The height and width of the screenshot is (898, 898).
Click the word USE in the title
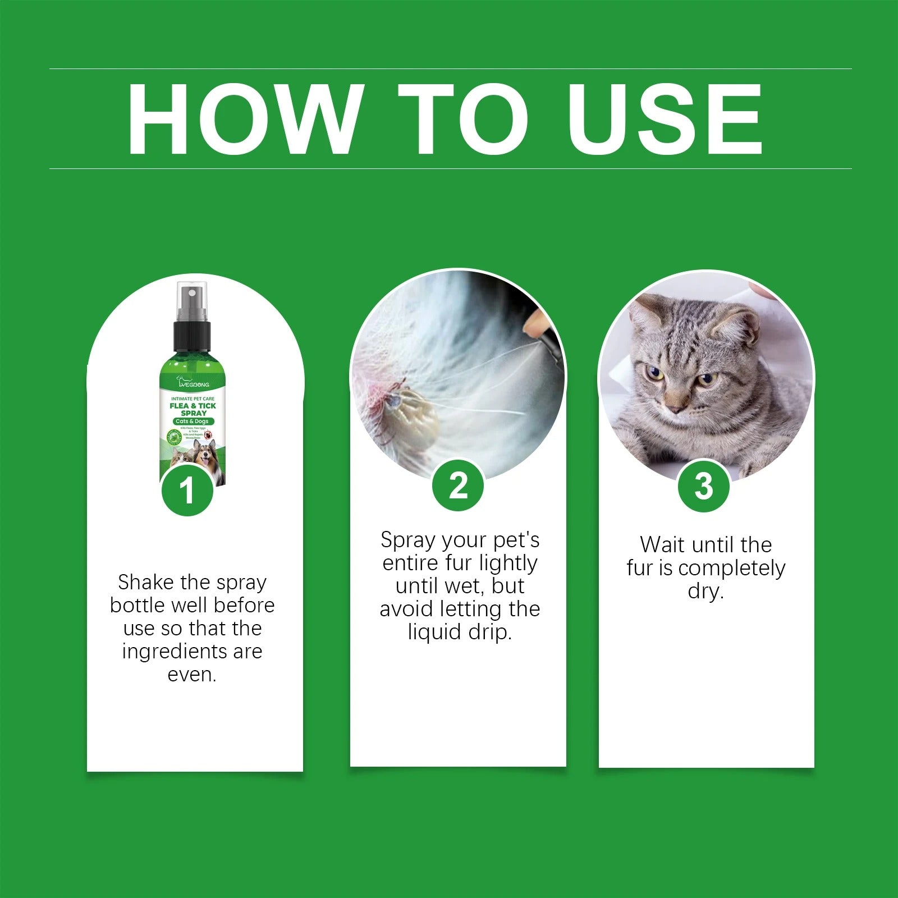pyautogui.click(x=665, y=119)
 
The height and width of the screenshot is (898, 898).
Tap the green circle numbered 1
pyautogui.click(x=187, y=490)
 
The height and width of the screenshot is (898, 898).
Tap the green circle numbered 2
pyautogui.click(x=458, y=485)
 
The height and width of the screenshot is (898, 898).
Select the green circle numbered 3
pyautogui.click(x=704, y=485)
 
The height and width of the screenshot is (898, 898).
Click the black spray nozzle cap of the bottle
pyautogui.click(x=192, y=334)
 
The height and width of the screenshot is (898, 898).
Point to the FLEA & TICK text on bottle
pyautogui.click(x=193, y=406)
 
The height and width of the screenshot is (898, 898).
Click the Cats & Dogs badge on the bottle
pyautogui.click(x=192, y=421)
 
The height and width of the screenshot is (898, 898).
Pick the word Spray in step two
pyautogui.click(x=408, y=540)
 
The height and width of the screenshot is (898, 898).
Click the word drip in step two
pyautogui.click(x=488, y=633)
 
